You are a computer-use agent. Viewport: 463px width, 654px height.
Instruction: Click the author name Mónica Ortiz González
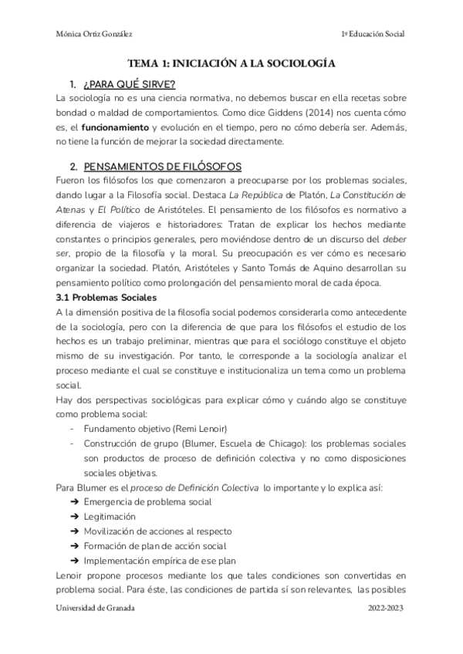click(x=94, y=35)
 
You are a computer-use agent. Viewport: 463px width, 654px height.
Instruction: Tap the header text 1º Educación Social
click(x=372, y=35)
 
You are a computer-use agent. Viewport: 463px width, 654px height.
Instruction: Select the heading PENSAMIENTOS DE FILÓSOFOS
click(x=163, y=167)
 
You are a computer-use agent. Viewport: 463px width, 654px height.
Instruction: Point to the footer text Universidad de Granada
click(x=95, y=608)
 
